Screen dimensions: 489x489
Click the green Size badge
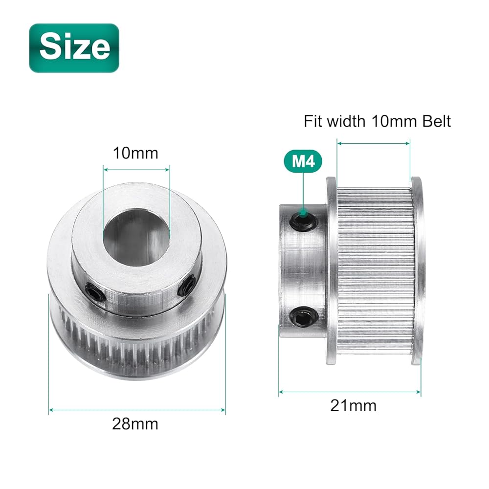pos(74,48)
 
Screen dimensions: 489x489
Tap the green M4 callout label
pos(303,161)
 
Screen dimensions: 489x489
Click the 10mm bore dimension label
pos(135,153)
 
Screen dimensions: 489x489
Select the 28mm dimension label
pos(135,424)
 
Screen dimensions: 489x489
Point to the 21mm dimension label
pos(354,405)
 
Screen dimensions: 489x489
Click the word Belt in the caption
pos(436,121)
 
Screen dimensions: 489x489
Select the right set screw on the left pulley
pos(185,286)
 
